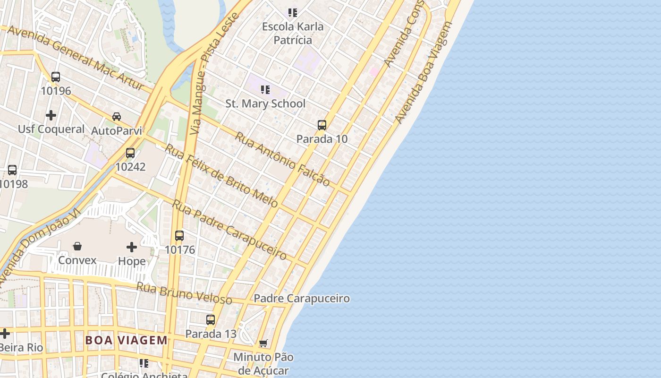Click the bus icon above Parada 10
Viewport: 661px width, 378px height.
322,125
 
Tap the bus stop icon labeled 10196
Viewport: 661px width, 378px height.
56,77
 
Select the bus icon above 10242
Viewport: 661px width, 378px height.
130,153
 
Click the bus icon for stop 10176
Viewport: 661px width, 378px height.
179,236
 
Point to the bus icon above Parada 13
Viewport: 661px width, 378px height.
211,320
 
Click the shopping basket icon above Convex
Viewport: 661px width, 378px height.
77,246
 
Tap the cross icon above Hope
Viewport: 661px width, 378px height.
132,247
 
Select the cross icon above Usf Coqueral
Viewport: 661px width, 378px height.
51,115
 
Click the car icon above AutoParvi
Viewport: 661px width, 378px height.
117,117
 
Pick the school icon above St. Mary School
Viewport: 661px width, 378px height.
265,89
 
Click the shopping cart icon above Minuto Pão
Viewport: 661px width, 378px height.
263,343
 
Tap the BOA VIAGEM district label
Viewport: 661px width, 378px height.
127,340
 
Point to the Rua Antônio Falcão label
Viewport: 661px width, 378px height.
282,159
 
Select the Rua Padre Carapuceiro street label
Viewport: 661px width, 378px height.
229,230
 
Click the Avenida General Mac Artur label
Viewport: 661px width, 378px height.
76,58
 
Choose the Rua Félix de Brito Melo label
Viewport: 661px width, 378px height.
221,175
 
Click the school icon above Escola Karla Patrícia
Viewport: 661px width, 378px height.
293,12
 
